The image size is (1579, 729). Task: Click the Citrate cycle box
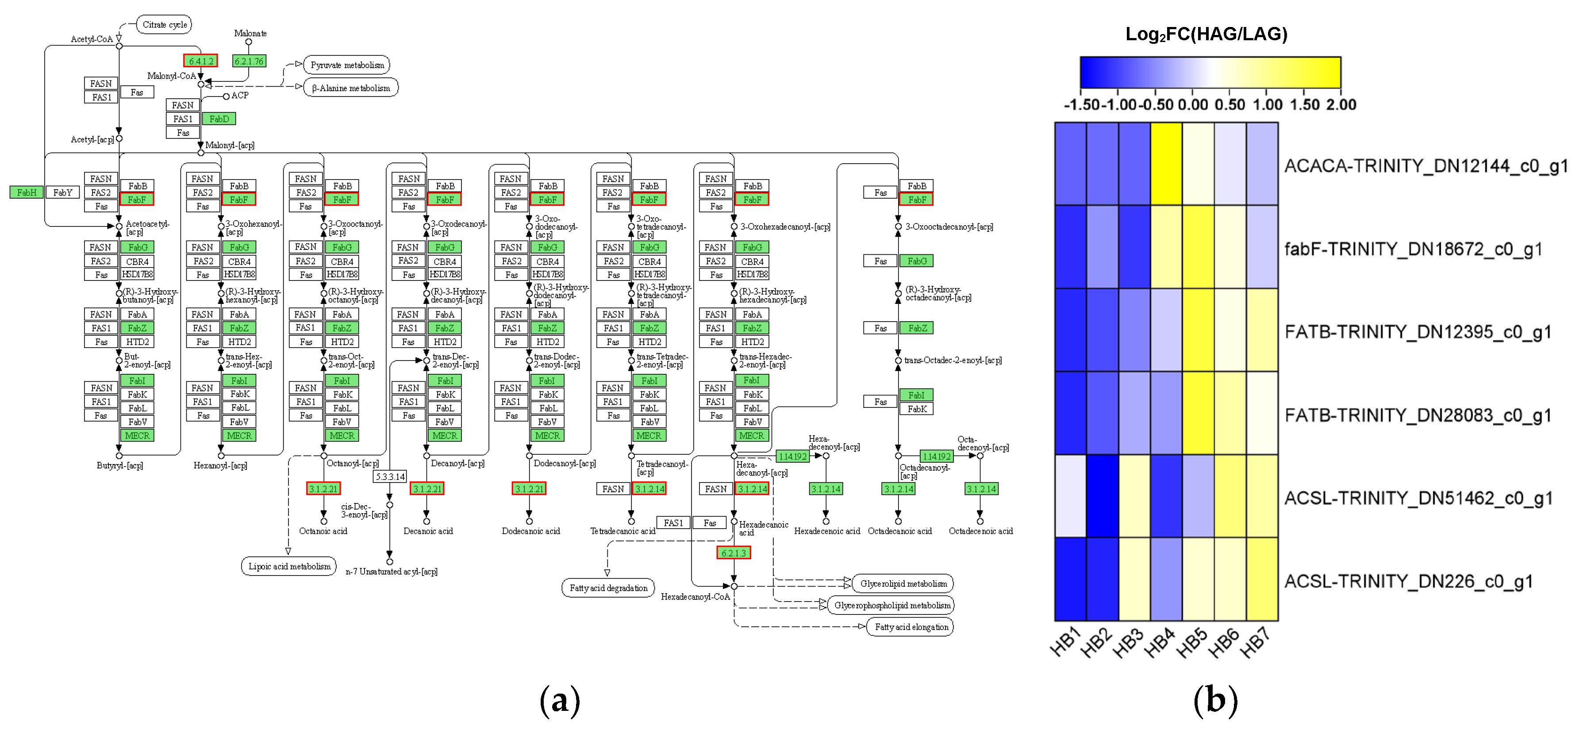click(164, 24)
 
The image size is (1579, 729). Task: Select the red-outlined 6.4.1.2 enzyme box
click(200, 61)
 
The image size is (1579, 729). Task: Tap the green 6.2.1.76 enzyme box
click(249, 61)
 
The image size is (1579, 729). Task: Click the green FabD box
click(219, 119)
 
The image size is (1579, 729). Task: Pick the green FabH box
click(27, 192)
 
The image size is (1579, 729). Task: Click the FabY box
click(62, 192)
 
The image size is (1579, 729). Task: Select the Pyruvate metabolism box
click(347, 65)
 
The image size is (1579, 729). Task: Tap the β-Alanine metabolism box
click(350, 88)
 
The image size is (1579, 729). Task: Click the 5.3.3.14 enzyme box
click(390, 476)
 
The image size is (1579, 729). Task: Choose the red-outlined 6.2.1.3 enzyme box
click(733, 553)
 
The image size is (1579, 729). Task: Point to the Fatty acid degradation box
click(608, 588)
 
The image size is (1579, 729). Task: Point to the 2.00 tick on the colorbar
click(1341, 105)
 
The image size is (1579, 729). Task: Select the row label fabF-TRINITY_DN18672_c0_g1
click(1413, 249)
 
